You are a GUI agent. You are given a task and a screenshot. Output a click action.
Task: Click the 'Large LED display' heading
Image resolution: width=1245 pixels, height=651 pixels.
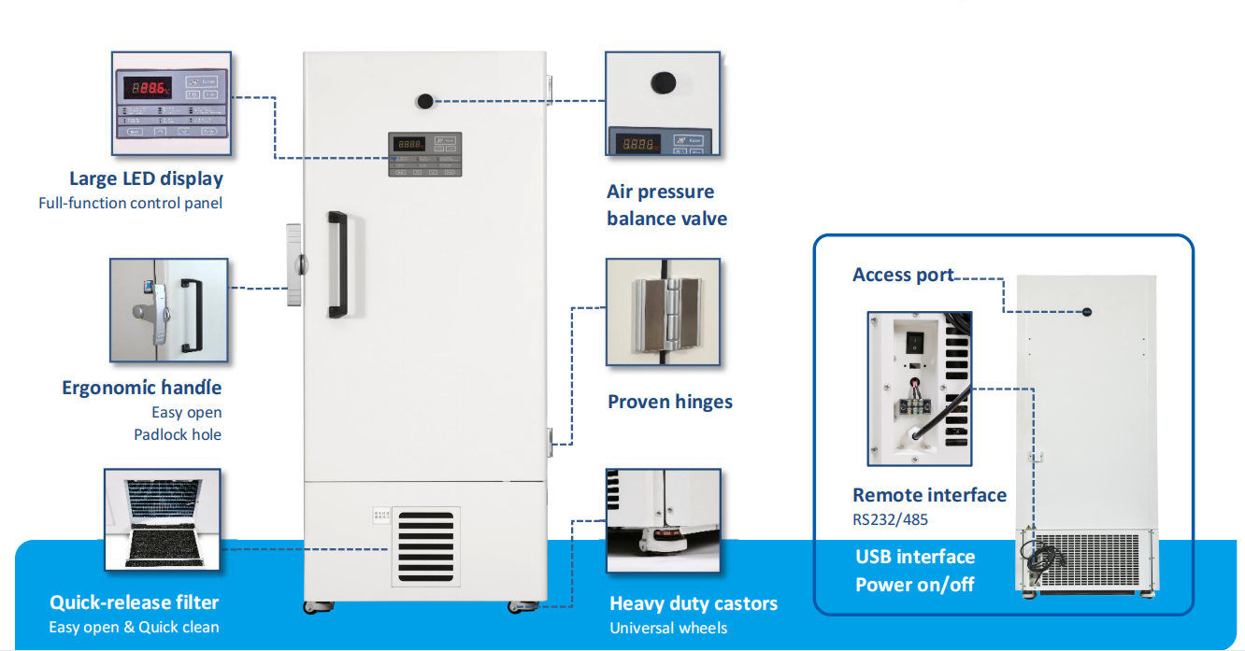tap(146, 178)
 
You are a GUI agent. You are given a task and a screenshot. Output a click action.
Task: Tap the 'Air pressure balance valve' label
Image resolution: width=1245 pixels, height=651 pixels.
tap(665, 205)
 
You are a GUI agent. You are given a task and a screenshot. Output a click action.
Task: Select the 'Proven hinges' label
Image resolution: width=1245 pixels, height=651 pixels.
tap(669, 402)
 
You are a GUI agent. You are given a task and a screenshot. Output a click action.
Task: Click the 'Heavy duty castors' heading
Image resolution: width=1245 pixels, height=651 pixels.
tap(693, 603)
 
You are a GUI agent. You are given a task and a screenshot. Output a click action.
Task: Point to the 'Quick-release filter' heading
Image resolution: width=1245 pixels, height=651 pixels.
tap(134, 602)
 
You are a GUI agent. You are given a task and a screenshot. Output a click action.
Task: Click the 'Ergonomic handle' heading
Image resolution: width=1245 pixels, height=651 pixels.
tap(142, 388)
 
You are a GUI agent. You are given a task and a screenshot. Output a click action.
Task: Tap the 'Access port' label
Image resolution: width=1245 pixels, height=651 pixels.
tap(902, 275)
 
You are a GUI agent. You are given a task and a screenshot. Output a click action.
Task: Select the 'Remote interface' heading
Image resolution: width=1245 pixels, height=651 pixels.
tap(929, 495)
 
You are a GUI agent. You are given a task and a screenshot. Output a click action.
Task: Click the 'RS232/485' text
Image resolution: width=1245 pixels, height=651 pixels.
tap(890, 519)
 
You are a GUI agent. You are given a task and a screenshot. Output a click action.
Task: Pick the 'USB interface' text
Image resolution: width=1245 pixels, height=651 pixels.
tap(915, 557)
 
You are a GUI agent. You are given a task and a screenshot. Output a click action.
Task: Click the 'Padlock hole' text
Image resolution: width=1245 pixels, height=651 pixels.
tap(178, 434)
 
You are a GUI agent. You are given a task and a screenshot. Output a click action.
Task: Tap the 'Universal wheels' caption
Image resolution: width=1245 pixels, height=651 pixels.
tap(668, 628)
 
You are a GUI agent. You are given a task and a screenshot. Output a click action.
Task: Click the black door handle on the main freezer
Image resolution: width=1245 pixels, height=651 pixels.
tap(336, 264)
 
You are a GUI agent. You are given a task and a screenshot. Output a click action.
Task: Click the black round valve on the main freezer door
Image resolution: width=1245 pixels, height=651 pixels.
tap(426, 102)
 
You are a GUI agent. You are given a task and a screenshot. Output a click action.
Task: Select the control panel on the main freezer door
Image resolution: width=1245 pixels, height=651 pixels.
tap(425, 154)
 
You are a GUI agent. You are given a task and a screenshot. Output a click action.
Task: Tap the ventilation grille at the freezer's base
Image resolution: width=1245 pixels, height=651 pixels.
tap(425, 547)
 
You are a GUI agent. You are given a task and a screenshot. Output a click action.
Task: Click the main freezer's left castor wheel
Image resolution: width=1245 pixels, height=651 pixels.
tap(312, 607)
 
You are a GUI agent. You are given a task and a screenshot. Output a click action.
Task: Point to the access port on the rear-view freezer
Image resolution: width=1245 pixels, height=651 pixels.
tap(1087, 312)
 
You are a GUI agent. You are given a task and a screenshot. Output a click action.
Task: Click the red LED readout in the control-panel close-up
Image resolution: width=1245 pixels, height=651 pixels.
tap(150, 88)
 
